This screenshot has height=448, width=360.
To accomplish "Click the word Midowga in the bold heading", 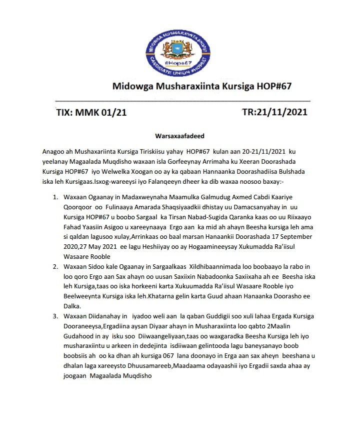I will tap(131, 86).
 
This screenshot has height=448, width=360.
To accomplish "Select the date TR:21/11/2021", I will tap(274, 112).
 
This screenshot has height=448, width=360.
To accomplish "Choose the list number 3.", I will tap(55, 316).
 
